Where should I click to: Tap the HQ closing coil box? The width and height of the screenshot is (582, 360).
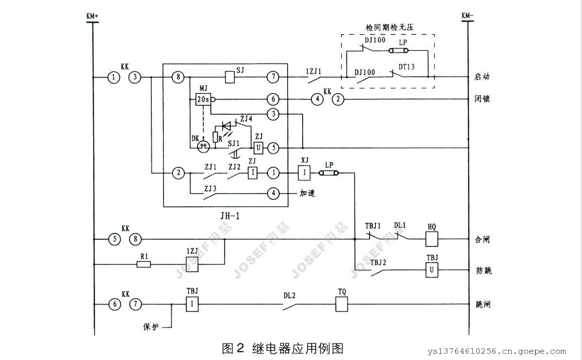click(432, 239)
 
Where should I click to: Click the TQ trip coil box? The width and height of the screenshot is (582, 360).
click(343, 304)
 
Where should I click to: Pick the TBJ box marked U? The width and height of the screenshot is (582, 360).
click(432, 270)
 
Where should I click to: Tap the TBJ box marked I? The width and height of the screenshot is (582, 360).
click(192, 304)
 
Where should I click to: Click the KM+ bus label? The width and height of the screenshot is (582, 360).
click(92, 16)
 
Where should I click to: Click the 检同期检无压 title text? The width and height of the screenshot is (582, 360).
click(388, 29)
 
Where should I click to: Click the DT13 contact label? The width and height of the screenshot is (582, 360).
click(406, 66)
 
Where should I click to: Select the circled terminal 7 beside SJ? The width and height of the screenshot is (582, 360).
click(273, 77)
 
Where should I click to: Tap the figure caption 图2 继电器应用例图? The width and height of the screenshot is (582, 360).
click(283, 348)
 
